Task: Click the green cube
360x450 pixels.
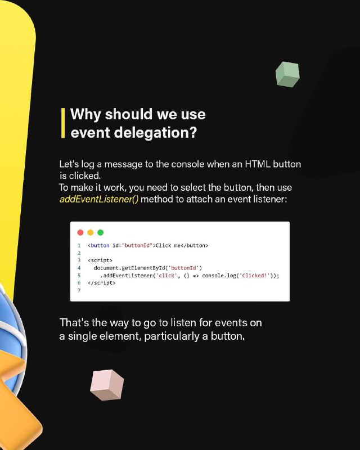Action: (x=287, y=74)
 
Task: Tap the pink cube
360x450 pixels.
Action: (x=107, y=385)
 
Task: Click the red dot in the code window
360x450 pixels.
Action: (x=80, y=232)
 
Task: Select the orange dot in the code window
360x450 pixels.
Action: (x=91, y=232)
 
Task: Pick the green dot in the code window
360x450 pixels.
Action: (x=101, y=232)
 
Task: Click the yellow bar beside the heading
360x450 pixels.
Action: (x=63, y=123)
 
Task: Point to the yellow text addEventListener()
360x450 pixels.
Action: (x=99, y=199)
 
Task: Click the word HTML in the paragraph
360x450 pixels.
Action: (x=258, y=164)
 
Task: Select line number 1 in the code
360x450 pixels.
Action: (x=79, y=245)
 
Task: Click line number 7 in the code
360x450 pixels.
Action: (x=79, y=290)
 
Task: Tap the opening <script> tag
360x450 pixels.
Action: (x=100, y=260)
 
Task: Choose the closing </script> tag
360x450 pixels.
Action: (x=102, y=283)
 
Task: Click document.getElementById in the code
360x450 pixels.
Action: (x=129, y=268)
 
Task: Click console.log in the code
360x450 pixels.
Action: (x=219, y=276)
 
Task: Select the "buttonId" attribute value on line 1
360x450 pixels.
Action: (x=137, y=245)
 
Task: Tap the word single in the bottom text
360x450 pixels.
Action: (x=82, y=336)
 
